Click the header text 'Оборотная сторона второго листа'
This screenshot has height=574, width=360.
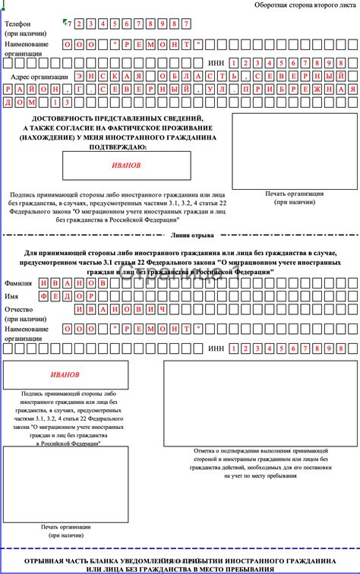[x=302, y=6]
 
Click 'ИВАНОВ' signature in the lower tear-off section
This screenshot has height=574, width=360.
[x=65, y=375]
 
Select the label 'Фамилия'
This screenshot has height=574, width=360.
[x=19, y=282]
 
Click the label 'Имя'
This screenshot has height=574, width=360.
[x=11, y=296]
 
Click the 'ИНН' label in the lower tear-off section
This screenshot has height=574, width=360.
[x=216, y=348]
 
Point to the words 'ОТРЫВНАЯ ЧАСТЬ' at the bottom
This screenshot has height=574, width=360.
[x=59, y=560]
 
